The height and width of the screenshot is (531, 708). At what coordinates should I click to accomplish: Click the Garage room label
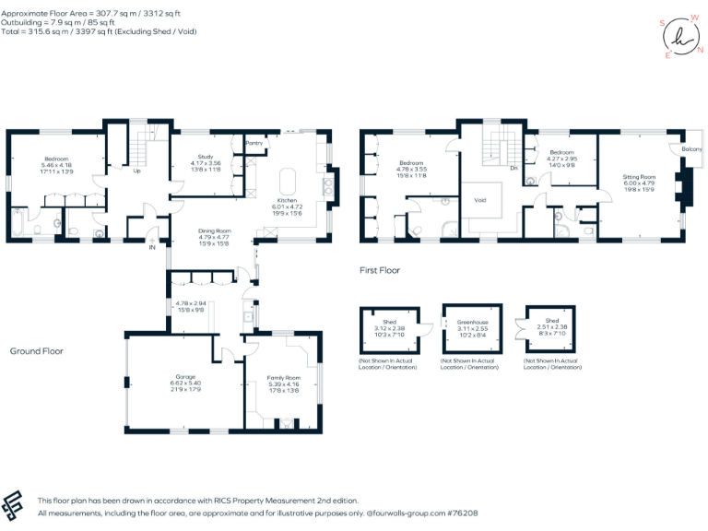click(x=186, y=376)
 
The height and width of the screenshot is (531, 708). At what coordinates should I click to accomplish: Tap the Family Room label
click(x=284, y=378)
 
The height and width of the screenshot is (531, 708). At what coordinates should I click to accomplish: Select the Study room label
click(x=206, y=157)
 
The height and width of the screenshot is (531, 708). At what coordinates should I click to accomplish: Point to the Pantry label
click(x=254, y=144)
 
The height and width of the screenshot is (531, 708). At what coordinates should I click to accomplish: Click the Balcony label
click(x=690, y=149)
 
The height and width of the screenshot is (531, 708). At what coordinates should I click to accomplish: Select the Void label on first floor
click(x=480, y=199)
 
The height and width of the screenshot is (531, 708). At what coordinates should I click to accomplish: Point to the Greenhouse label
click(x=473, y=322)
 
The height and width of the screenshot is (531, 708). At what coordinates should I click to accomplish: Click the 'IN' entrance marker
click(x=152, y=246)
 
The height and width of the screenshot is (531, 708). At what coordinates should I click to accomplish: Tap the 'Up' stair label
click(x=137, y=171)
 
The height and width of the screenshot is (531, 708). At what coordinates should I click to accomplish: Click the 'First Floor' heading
click(x=379, y=271)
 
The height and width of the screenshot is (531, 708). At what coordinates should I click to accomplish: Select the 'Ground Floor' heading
click(x=36, y=351)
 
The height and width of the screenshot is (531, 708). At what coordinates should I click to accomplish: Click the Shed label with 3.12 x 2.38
click(x=389, y=322)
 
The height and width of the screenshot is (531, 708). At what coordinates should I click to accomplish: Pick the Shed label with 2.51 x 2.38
click(x=550, y=322)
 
